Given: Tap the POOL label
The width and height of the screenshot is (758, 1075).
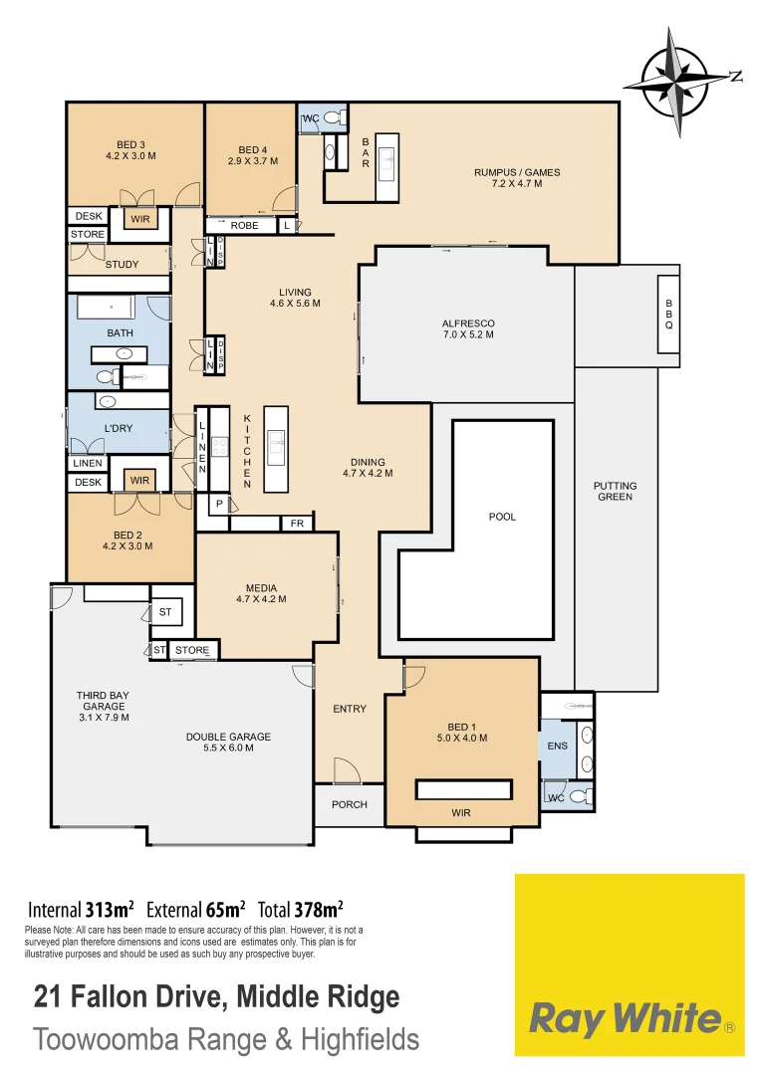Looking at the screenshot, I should [x=503, y=517].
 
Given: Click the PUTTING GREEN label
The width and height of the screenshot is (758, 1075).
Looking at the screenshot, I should [x=615, y=491].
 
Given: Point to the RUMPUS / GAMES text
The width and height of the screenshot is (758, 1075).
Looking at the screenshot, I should [x=517, y=178].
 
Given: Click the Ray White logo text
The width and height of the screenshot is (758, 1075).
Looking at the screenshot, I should [x=625, y=1018].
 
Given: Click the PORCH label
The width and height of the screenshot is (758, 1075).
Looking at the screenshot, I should [x=349, y=804].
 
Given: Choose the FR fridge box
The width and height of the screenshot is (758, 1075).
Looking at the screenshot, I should [x=297, y=523].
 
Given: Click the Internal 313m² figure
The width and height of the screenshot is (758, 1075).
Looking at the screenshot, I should [x=81, y=909].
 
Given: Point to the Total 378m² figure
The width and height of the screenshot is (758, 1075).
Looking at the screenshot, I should [x=301, y=909].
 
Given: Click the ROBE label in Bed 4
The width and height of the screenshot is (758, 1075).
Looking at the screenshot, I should [x=244, y=226].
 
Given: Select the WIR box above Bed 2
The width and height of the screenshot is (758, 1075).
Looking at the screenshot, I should [x=138, y=480].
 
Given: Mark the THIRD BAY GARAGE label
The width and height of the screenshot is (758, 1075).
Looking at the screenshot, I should [x=103, y=706].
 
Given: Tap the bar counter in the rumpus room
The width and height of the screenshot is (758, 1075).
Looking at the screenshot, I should [x=386, y=165].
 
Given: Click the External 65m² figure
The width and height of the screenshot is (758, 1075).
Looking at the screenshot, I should [x=196, y=909].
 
